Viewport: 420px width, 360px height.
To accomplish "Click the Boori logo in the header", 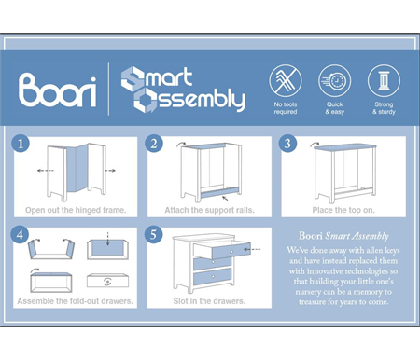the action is pos(58,90).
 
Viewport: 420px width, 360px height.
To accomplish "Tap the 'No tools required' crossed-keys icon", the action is pos(286,80).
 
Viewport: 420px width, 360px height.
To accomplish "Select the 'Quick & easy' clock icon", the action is pos(334,80).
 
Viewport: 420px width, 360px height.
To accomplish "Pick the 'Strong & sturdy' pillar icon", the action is pos(384,80).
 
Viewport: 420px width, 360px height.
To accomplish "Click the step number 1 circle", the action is pos(21,144).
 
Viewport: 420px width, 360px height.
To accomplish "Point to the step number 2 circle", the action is pos(154,144).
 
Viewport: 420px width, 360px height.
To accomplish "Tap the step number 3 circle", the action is pos(287,144).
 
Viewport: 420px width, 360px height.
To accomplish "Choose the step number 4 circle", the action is pos(20,234).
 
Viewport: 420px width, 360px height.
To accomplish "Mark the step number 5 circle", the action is pos(154,234).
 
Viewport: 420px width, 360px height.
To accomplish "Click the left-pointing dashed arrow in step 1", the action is pos(45,171).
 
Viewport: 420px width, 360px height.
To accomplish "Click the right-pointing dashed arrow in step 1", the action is pos(110,171).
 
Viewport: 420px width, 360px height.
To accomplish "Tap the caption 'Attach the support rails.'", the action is pos(209,210).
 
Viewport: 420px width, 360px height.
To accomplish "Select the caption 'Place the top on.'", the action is pos(343,210).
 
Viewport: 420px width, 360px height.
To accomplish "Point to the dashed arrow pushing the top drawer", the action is pos(252,249).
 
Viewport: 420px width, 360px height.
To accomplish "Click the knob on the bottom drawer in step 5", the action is pos(213,276).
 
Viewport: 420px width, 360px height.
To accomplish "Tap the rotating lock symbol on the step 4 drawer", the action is pos(107,282).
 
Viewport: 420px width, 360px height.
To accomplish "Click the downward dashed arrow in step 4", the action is pos(107,239).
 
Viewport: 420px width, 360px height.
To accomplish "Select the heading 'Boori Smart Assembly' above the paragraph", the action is pos(343,236).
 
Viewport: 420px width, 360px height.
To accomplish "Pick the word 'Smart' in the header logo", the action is pos(157,77).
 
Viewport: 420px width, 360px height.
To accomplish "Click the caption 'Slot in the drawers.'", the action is pos(209,301).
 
